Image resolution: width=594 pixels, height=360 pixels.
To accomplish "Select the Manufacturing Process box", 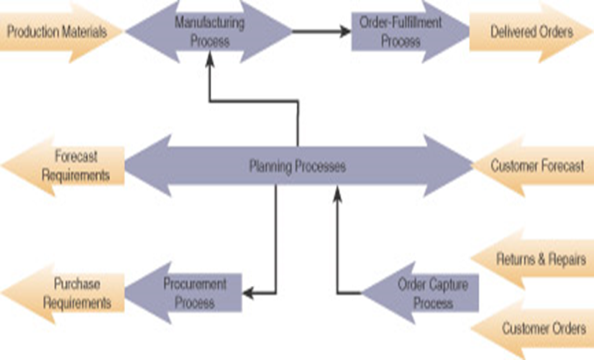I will (209, 32).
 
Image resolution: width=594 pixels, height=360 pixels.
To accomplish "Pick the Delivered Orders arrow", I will (531, 31).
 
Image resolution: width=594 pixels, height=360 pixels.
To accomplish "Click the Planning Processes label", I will (298, 167).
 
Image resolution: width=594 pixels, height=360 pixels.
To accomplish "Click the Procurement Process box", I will (194, 293).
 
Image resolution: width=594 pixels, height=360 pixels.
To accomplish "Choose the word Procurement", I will (194, 284).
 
